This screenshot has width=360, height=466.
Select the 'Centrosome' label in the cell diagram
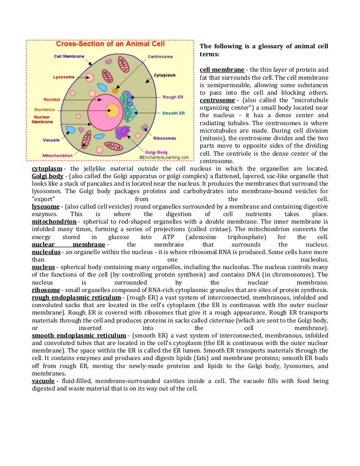point(160,57)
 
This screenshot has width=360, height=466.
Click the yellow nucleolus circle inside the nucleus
point(112,111)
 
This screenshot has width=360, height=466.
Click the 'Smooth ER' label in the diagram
point(173,113)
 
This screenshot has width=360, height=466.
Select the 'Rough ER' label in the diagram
point(173,97)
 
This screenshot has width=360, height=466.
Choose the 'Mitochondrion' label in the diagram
point(57,155)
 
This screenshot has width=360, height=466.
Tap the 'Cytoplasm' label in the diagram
point(165,75)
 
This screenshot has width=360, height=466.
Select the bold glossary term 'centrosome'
point(217,100)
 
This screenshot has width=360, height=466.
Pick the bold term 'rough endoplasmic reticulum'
point(79,298)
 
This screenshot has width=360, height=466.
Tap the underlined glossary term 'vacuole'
point(43,381)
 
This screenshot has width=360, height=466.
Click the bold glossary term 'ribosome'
point(46,290)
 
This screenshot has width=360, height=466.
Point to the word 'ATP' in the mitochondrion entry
point(168,237)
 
